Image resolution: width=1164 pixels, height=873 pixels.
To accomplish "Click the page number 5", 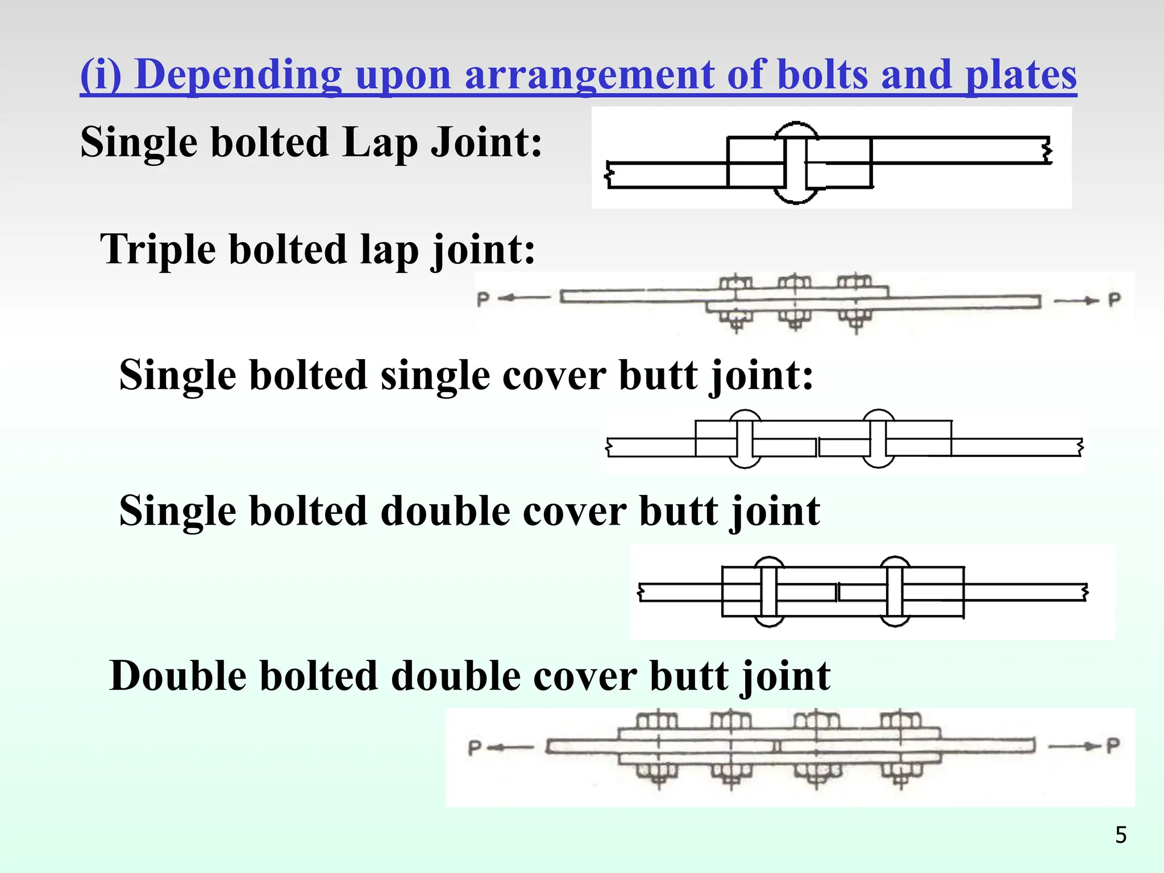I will [x=1121, y=835].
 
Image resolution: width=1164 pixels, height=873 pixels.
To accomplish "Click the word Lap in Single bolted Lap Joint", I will [x=380, y=142].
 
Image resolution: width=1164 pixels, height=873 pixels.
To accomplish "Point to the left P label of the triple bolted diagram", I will [x=483, y=299].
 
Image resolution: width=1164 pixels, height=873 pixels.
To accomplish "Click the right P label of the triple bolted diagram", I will [x=1115, y=300].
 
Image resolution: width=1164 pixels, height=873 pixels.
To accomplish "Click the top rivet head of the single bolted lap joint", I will [x=796, y=130].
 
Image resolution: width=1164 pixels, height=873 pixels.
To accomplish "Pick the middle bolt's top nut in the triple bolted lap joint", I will [x=795, y=282].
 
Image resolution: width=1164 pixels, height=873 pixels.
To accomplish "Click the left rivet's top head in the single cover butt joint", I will [x=745, y=416].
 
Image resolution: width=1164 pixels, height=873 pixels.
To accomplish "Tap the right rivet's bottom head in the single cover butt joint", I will [x=878, y=462].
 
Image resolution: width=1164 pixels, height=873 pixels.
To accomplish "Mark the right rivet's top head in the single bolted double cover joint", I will [x=895, y=562].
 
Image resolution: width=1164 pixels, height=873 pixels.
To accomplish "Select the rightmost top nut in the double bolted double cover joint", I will [x=901, y=721].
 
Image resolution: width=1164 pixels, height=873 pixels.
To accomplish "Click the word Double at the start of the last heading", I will [x=177, y=676].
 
